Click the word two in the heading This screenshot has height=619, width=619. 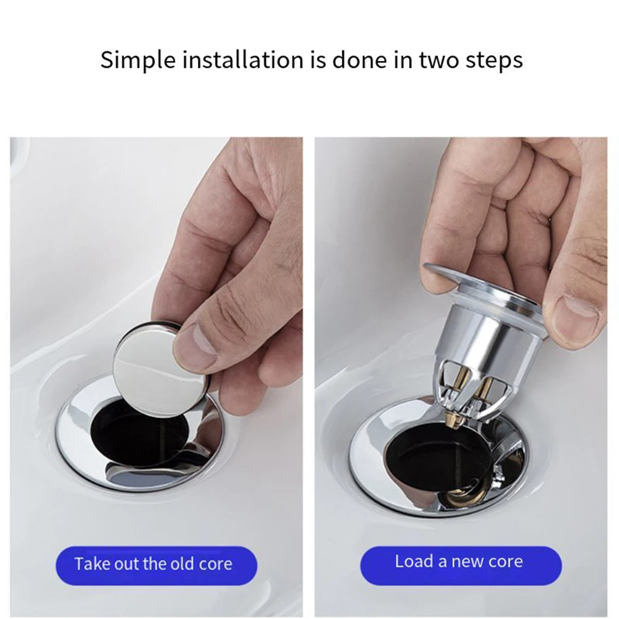pyautogui.click(x=435, y=60)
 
